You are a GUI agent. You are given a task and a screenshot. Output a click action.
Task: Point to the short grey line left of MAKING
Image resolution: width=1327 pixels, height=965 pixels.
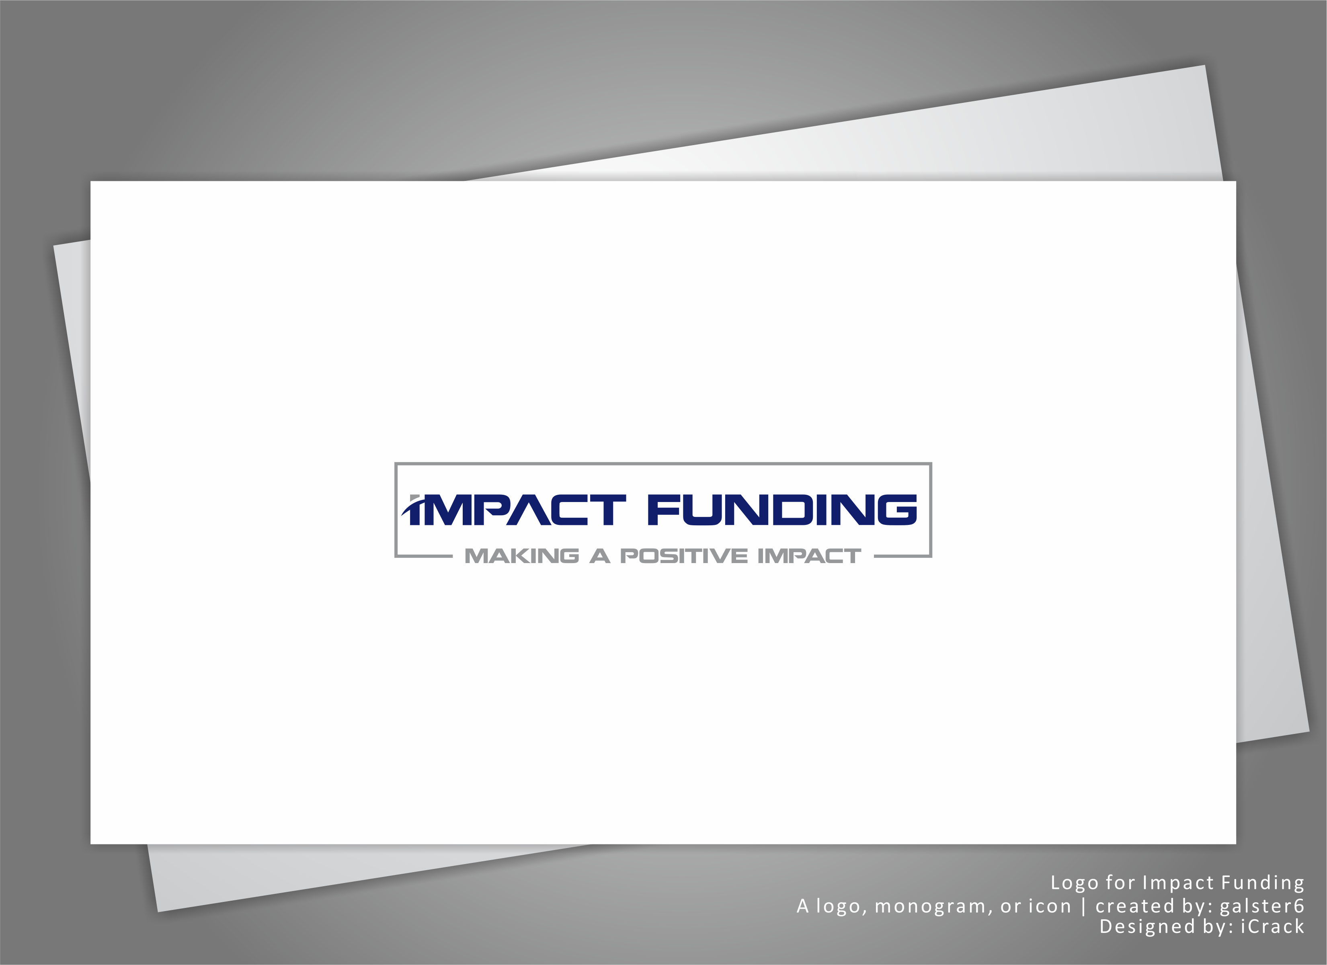tap(424, 556)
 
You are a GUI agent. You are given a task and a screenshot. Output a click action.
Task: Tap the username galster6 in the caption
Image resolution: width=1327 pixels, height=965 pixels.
tap(1261, 906)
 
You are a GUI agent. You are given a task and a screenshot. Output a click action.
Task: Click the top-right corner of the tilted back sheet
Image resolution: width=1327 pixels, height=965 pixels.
tap(1205, 66)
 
